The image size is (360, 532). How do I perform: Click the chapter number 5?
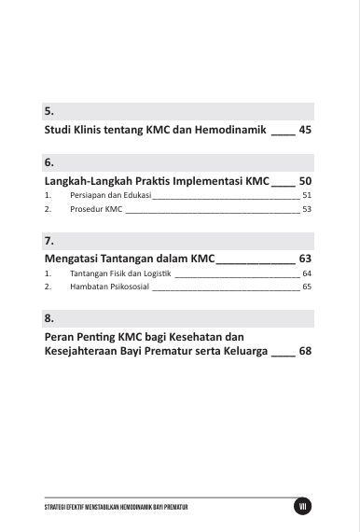pos(48,111)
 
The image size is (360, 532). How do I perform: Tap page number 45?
pos(305,130)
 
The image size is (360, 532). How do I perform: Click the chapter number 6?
pos(48,162)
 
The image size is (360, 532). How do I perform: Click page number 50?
pos(305,180)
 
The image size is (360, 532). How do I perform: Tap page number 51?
pos(307,196)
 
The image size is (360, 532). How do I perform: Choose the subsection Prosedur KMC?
pos(96,210)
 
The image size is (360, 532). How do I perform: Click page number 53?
pos(307,210)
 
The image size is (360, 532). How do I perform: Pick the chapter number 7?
pos(48,240)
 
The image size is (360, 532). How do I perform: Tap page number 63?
pos(305,258)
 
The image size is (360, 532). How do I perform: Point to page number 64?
pos(307,273)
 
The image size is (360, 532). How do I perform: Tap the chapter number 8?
pos(48,317)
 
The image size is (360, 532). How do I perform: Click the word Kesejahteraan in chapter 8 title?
pos(90,352)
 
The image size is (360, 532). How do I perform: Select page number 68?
pos(305,352)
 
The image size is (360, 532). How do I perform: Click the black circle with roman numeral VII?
pos(301,506)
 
